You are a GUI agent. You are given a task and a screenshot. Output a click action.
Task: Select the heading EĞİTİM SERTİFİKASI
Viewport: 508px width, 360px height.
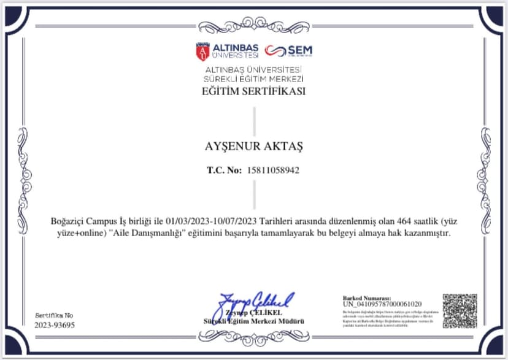[x=253, y=92]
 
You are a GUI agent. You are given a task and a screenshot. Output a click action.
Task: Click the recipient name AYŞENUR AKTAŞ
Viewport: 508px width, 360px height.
[x=253, y=147]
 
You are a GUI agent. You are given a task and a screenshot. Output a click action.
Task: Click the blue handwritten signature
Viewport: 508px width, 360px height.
[x=253, y=302]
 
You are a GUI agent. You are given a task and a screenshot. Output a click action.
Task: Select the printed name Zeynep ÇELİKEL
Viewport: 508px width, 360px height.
[x=253, y=314]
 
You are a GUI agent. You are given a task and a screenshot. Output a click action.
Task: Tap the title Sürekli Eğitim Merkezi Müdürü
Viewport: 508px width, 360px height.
[x=253, y=321]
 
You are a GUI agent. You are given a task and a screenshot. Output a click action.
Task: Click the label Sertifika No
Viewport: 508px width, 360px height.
[x=53, y=315]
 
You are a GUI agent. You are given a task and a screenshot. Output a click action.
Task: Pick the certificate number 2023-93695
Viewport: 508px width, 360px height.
[x=55, y=325]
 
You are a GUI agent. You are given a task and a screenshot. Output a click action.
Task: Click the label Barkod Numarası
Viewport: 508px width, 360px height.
[x=366, y=297]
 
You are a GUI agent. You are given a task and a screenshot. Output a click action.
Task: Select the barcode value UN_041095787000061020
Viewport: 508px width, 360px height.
[x=382, y=304]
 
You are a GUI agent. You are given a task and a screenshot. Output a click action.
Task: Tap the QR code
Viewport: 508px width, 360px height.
[x=460, y=311]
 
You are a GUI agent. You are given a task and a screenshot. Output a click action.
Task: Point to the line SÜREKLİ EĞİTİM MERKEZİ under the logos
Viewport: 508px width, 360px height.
[x=253, y=79]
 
